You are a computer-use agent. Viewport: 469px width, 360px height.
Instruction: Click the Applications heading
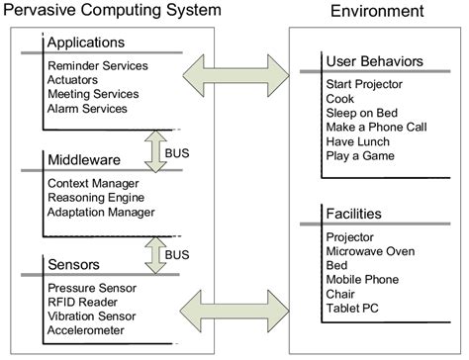pos(87,45)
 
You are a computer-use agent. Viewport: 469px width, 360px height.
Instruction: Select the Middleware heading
pos(83,159)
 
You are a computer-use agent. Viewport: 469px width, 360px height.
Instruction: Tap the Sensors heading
pos(73,265)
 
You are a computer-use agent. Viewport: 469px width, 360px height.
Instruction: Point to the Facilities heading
pos(353,214)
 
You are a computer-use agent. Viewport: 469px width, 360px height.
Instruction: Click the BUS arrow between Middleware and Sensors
pos(156,253)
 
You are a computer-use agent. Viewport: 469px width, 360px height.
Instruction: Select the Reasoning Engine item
pos(96,198)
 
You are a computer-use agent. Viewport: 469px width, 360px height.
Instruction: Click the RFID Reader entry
pos(84,303)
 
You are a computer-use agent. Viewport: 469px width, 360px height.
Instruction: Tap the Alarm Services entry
pos(88,109)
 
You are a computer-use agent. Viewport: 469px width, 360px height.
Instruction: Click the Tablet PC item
pos(351,309)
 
